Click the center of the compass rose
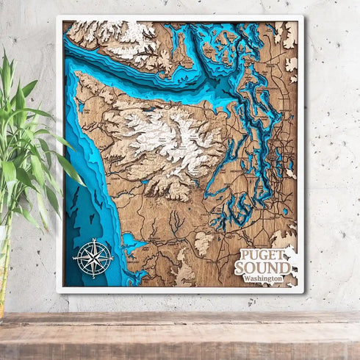[93, 258]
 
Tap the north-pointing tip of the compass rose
[93, 240]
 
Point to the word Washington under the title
[264, 279]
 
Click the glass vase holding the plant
[6, 272]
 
